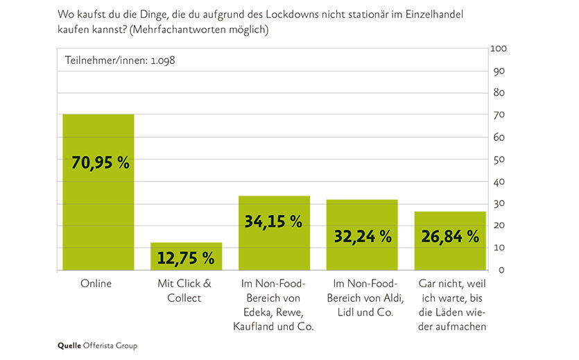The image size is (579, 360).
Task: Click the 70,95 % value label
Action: pyautogui.click(x=101, y=163)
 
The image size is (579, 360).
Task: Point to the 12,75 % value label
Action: pyautogui.click(x=186, y=259)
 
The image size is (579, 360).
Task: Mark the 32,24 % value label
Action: pyautogui.click(x=362, y=237)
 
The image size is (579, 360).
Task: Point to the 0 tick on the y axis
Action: pyautogui.click(x=494, y=269)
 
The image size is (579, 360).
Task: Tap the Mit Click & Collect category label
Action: pyautogui.click(x=184, y=291)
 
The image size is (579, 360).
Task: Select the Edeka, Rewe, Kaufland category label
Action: pyautogui.click(x=274, y=305)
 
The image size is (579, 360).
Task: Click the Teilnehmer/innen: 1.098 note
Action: pyautogui.click(x=119, y=60)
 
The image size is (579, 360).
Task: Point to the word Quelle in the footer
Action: pyautogui.click(x=69, y=345)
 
